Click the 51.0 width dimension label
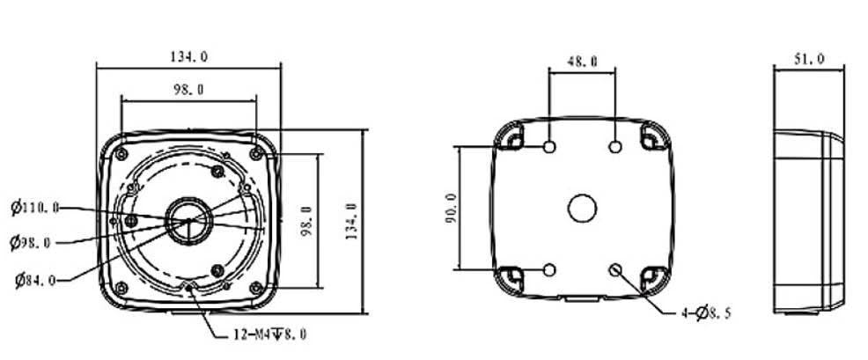tap(809, 59)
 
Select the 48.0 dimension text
tap(582, 62)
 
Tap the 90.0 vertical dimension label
tap(452, 209)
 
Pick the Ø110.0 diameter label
tap(35, 208)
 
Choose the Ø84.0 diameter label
tap(35, 280)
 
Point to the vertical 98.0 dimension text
tap(305, 222)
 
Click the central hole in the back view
tap(582, 209)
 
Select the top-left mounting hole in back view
tap(549, 146)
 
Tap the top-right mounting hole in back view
tap(615, 146)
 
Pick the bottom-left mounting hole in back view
tap(549, 269)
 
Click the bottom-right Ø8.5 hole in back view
tap(615, 269)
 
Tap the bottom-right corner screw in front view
tap(255, 287)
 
